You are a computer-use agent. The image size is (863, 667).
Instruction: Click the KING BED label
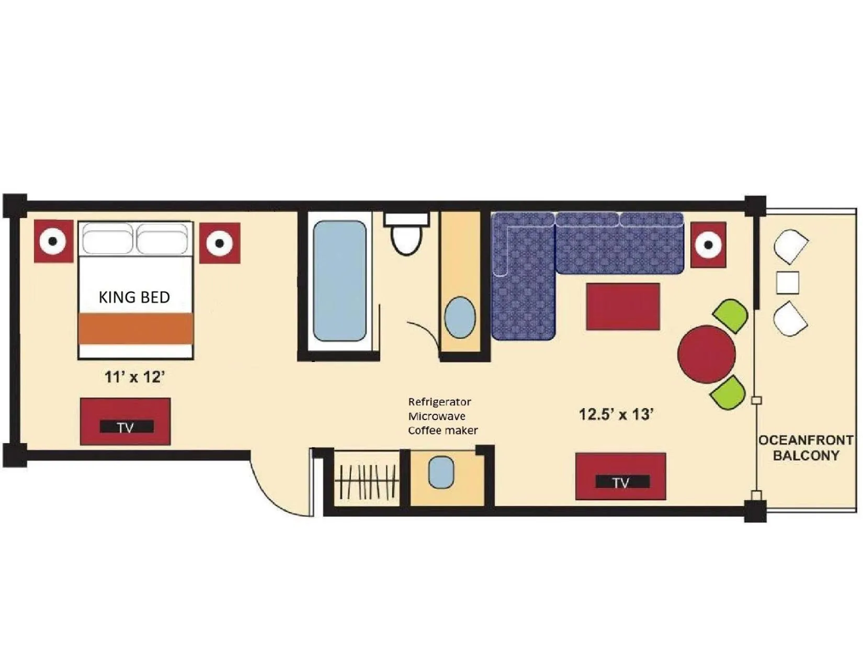pyautogui.click(x=134, y=298)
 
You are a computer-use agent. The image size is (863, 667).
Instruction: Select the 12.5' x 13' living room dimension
pyautogui.click(x=617, y=414)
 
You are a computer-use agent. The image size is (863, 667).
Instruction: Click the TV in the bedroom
pyautogui.click(x=126, y=422)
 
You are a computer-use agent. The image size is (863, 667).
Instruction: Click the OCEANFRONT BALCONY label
pyautogui.click(x=805, y=448)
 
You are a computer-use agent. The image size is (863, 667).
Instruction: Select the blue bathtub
pyautogui.click(x=339, y=280)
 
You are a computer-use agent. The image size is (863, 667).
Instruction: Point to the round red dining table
pyautogui.click(x=706, y=354)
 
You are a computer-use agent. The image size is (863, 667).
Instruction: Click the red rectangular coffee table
pyautogui.click(x=622, y=307)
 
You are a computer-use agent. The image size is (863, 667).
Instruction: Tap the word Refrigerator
pyautogui.click(x=439, y=402)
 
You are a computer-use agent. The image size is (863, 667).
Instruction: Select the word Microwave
pyautogui.click(x=437, y=416)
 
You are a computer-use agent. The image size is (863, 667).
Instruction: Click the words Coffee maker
pyautogui.click(x=442, y=431)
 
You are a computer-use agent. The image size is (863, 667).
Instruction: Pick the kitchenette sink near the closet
pyautogui.click(x=441, y=472)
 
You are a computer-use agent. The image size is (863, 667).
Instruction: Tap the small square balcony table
pyautogui.click(x=788, y=282)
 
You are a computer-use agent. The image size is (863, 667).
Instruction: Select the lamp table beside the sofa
pyautogui.click(x=708, y=244)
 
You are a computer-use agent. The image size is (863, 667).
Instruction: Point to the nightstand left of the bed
pyautogui.click(x=53, y=242)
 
